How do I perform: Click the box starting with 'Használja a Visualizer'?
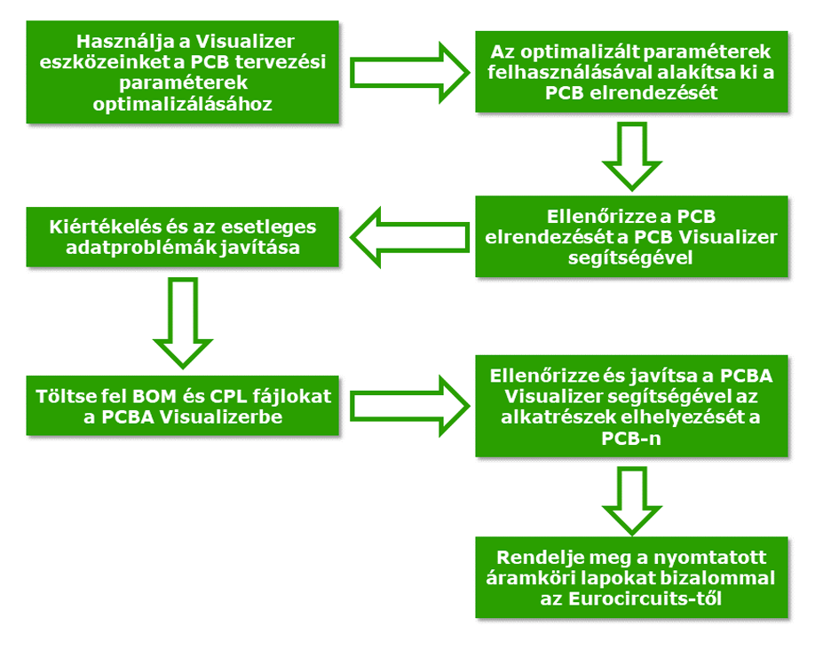coord(183,73)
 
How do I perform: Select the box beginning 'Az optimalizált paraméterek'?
coord(631,73)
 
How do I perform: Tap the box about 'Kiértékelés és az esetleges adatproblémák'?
coord(183,237)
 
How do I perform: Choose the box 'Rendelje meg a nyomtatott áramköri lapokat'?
coord(631,577)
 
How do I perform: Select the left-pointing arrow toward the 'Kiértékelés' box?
coord(409,237)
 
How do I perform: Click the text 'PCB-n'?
coord(631,438)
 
